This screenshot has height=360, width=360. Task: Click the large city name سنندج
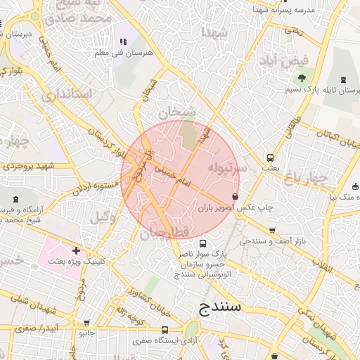pos(221,307)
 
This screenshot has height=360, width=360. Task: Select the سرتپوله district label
pos(227,169)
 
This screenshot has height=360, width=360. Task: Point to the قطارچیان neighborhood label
pos(165,231)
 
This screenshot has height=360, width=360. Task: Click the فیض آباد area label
pos(287,61)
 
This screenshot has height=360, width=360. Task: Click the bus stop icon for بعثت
pos(270,157)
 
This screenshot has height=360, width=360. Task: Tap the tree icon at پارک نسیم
pos(302,78)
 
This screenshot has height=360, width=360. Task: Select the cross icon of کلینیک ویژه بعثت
pos(76,250)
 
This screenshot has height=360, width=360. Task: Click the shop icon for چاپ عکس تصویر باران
pos(234,197)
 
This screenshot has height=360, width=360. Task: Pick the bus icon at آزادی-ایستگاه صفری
pos(165,330)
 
